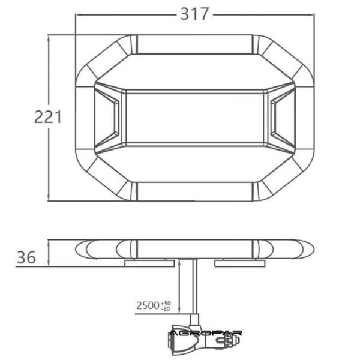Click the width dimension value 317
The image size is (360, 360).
tap(195, 14)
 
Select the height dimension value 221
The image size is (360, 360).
tap(48, 117)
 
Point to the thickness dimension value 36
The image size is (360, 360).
tap(26, 257)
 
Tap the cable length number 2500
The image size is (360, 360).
tap(148, 305)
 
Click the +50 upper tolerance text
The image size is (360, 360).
tap(167, 302)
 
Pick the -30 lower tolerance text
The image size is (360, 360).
tap(167, 309)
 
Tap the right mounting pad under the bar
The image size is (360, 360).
tap(239, 263)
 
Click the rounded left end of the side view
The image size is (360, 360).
tap(84, 249)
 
